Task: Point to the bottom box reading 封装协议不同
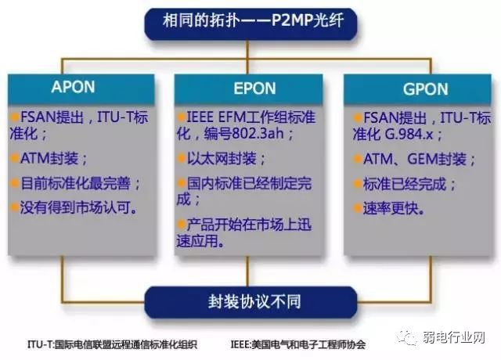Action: point(253,301)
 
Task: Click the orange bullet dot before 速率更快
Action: point(356,209)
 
